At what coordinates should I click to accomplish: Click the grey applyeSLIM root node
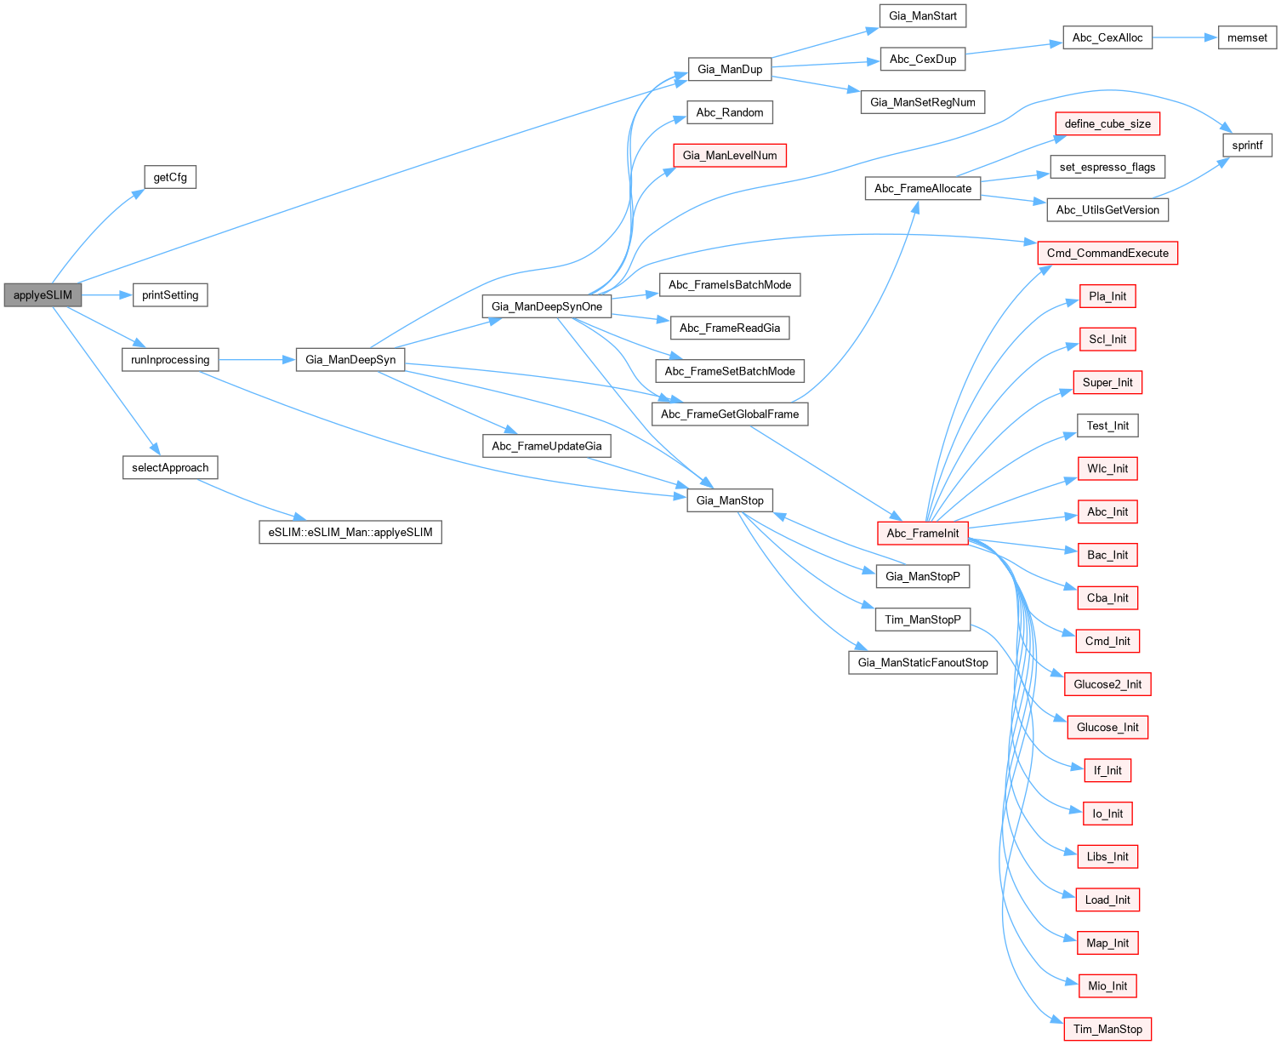(x=43, y=295)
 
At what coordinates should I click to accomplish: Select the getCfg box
(x=170, y=177)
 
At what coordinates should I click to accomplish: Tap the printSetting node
(x=170, y=295)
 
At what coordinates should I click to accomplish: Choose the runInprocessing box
(x=170, y=360)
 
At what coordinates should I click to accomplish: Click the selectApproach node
(x=170, y=468)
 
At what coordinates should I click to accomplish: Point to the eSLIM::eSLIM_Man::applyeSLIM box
(x=350, y=533)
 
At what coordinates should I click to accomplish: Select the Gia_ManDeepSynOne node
(x=547, y=306)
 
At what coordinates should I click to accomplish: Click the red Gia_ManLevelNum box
(x=730, y=156)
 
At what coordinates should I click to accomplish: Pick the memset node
(x=1247, y=37)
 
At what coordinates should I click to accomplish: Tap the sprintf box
(x=1247, y=146)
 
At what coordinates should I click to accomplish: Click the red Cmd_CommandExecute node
(x=1107, y=253)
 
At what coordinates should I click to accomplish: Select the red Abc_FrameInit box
(x=923, y=534)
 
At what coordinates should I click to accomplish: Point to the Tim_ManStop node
(x=1107, y=1029)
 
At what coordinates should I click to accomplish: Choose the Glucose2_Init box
(x=1107, y=684)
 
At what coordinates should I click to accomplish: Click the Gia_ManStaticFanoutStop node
(x=923, y=663)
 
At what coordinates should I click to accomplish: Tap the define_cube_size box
(x=1107, y=124)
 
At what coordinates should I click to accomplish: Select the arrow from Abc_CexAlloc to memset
(x=1185, y=37)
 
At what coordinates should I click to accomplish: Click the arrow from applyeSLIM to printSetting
(x=107, y=295)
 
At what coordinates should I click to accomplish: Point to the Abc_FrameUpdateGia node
(x=547, y=446)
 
